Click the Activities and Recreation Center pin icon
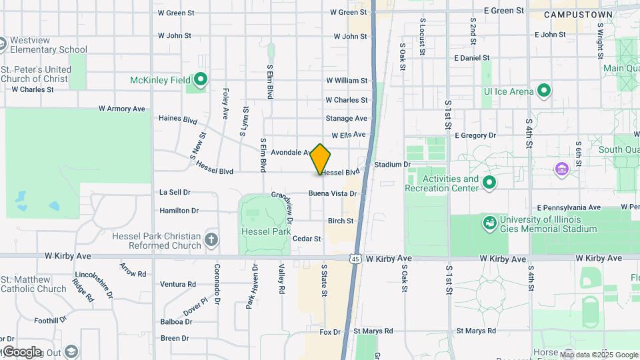click(x=489, y=183)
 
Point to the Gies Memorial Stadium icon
click(x=489, y=223)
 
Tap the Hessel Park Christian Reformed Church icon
click(x=211, y=240)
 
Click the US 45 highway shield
click(x=356, y=259)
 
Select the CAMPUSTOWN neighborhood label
click(x=569, y=14)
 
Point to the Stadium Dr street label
click(x=392, y=164)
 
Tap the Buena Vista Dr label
click(x=332, y=194)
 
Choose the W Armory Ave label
click(x=121, y=109)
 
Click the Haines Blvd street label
click(x=178, y=120)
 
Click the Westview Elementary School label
click(x=49, y=44)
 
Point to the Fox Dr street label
click(x=330, y=331)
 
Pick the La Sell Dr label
click(x=175, y=192)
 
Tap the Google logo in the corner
click(x=22, y=352)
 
